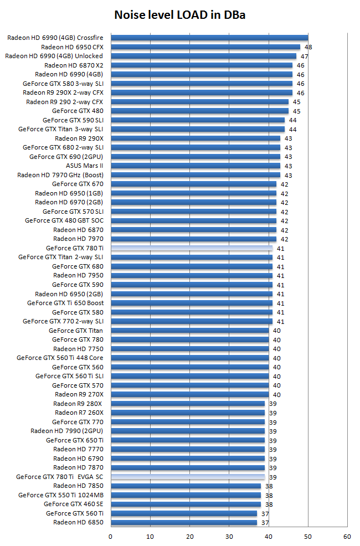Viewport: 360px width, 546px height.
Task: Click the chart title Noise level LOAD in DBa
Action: [179, 15]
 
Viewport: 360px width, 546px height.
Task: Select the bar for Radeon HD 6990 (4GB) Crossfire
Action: [209, 38]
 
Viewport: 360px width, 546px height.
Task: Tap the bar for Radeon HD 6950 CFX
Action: [205, 47]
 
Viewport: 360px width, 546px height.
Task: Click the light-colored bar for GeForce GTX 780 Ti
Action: [192, 248]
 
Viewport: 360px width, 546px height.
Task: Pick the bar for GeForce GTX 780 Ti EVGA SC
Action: [188, 477]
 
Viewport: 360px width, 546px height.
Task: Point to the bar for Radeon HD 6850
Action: [184, 522]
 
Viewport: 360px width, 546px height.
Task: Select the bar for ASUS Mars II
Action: [196, 166]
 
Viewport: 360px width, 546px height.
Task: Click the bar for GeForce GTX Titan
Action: [189, 331]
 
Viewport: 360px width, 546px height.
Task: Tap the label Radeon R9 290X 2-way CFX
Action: [63, 92]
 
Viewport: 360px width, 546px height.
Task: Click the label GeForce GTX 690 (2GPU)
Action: [66, 157]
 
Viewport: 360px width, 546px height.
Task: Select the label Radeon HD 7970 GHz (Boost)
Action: [60, 175]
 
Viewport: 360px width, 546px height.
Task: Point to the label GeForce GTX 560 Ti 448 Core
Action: [60, 358]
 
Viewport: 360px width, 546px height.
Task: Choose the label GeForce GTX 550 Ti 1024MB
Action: [61, 495]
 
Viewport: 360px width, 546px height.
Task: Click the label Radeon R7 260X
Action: [79, 413]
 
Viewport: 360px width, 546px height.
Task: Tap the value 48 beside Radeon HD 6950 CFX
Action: [308, 48]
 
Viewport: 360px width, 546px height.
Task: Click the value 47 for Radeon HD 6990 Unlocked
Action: [305, 56]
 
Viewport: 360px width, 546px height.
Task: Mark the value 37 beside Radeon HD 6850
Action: [265, 523]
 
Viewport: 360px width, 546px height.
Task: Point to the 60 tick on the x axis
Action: [347, 537]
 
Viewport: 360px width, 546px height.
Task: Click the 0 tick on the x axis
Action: [111, 537]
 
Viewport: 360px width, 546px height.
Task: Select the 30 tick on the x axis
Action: [229, 537]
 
